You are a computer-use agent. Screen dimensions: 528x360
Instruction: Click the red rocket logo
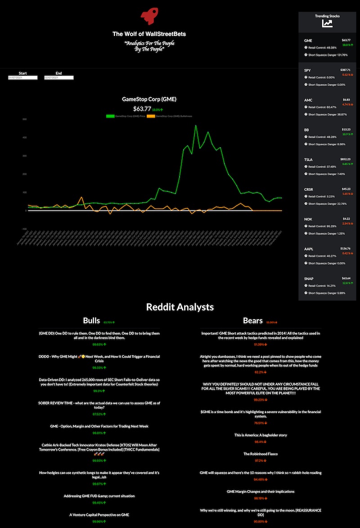pos(148,17)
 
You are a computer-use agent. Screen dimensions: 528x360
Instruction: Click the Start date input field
pos(22,77)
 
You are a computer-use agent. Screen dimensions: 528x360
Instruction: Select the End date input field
pos(58,77)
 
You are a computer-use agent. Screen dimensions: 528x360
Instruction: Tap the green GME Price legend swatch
pos(110,116)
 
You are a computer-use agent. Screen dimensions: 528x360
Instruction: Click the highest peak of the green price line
pos(195,126)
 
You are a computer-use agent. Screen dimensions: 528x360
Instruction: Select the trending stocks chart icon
pos(327,24)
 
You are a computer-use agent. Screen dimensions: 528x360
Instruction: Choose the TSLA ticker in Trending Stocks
pos(309,159)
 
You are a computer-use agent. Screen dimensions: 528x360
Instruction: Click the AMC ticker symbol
pos(308,99)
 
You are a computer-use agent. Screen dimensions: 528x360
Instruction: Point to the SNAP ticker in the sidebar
pos(309,278)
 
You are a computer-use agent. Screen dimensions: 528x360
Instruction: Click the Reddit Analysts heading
pos(180,307)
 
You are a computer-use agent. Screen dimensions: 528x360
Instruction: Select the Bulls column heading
pos(91,320)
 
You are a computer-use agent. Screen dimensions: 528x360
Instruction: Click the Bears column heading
pos(252,320)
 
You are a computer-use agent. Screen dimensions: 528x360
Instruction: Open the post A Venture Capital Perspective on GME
pos(99,514)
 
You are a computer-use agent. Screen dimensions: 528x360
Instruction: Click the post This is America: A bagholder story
pos(261,435)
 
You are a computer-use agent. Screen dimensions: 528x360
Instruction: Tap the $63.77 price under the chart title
pos(142,108)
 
